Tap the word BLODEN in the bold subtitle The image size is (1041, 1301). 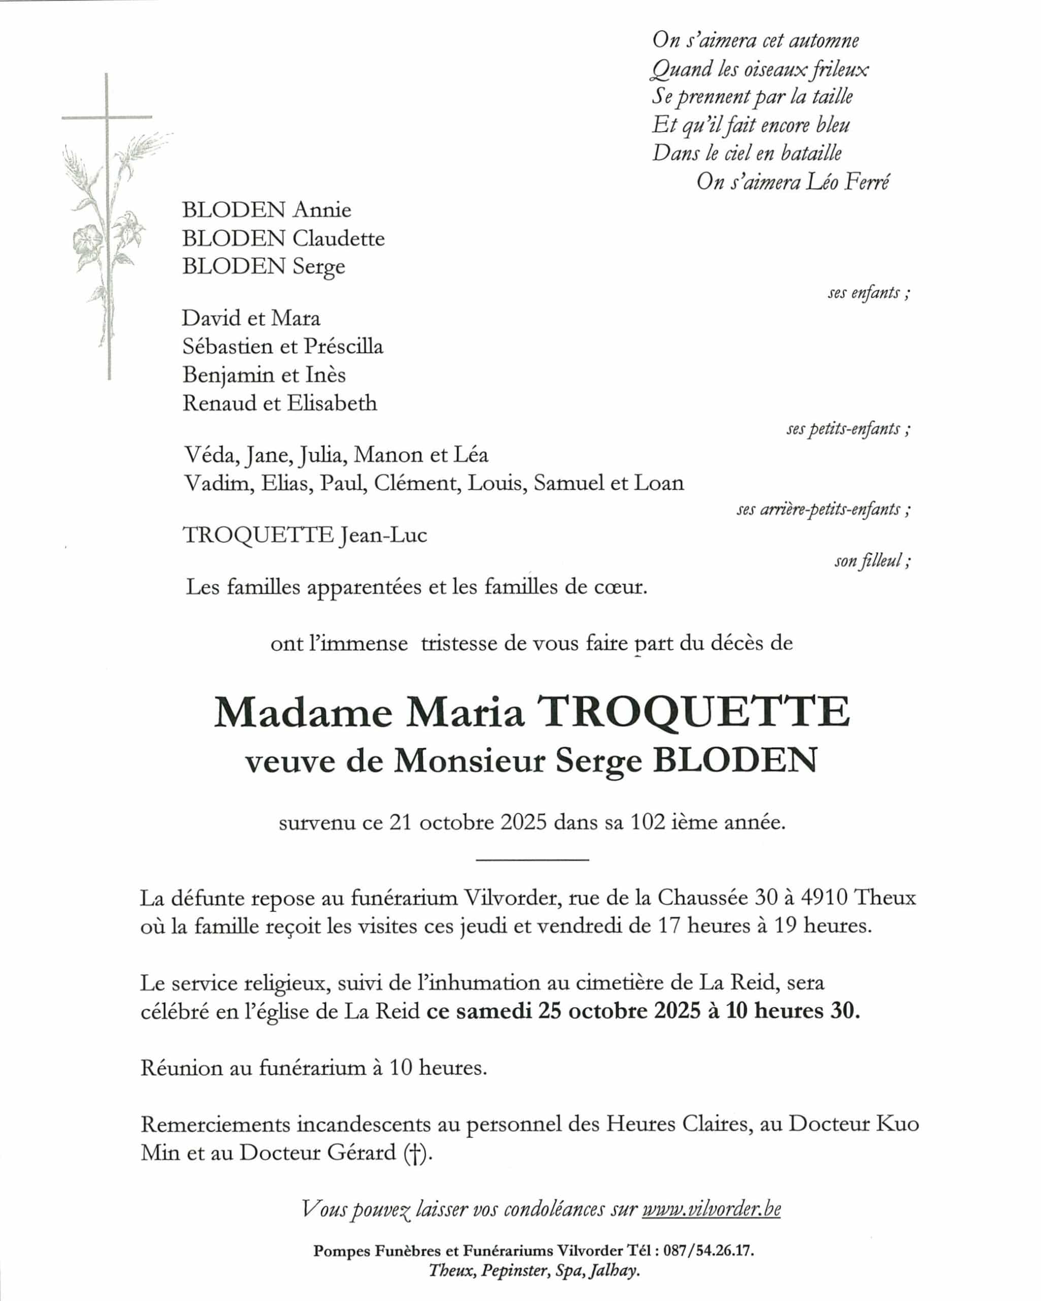pyautogui.click(x=735, y=760)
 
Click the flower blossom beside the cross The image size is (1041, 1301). pyautogui.click(x=87, y=240)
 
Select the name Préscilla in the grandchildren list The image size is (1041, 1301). pyautogui.click(x=343, y=347)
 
